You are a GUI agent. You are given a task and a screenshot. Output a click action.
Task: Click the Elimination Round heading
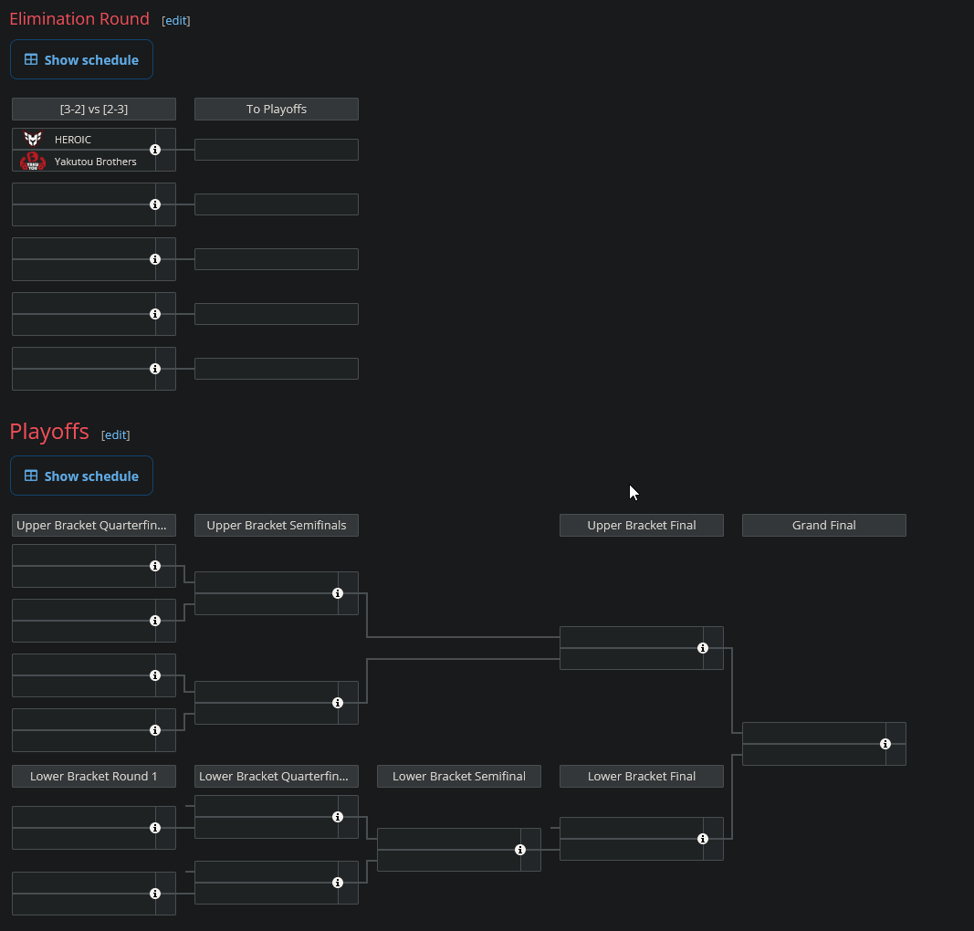(79, 19)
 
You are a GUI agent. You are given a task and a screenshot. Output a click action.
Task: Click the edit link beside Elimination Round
(176, 20)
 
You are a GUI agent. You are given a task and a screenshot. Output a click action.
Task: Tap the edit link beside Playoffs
(116, 434)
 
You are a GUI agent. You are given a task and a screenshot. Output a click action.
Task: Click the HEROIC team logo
(33, 139)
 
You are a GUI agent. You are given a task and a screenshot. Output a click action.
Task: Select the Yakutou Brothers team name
(96, 162)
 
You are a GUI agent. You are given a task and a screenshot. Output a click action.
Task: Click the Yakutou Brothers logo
(33, 162)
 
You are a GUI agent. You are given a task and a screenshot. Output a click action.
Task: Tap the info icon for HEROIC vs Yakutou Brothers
(155, 150)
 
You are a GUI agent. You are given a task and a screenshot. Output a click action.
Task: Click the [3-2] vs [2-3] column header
(94, 110)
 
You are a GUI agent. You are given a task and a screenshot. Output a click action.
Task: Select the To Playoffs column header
(277, 110)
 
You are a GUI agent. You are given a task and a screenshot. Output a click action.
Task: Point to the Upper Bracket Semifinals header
(277, 526)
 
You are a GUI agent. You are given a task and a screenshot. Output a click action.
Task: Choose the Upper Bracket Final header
(642, 526)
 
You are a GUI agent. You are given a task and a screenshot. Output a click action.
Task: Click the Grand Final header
(824, 526)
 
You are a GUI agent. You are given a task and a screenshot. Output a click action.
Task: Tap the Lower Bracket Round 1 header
(94, 777)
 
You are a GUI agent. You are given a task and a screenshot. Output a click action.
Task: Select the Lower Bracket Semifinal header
(459, 777)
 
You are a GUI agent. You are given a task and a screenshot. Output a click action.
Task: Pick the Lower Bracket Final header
(642, 777)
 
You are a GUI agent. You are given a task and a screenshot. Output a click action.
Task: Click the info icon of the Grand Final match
(885, 744)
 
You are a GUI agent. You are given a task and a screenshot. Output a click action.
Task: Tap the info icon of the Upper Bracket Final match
(703, 648)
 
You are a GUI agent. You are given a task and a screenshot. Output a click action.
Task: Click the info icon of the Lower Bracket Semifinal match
(520, 850)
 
